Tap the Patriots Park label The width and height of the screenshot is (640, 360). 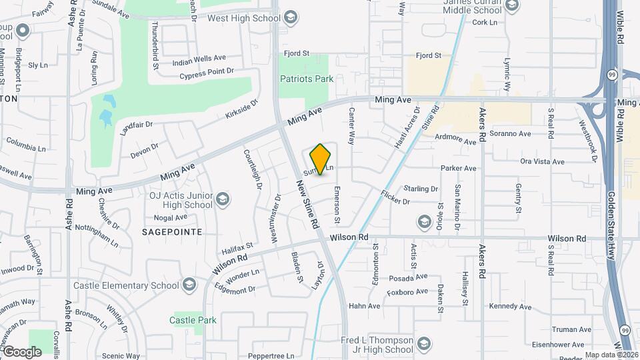pyautogui.click(x=306, y=79)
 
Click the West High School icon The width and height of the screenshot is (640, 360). pyautogui.click(x=290, y=17)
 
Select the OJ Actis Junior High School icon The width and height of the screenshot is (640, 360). pyautogui.click(x=223, y=199)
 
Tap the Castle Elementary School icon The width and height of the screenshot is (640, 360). pyautogui.click(x=189, y=285)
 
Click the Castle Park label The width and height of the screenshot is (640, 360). pyautogui.click(x=193, y=320)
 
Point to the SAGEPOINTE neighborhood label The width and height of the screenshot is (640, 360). pyautogui.click(x=172, y=231)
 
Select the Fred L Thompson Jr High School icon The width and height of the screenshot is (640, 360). pyautogui.click(x=423, y=344)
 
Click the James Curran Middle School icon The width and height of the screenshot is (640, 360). pyautogui.click(x=511, y=7)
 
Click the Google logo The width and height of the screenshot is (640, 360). pyautogui.click(x=21, y=351)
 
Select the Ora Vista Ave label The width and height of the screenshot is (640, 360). pyautogui.click(x=542, y=161)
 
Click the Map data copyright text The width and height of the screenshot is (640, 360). pyautogui.click(x=612, y=355)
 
